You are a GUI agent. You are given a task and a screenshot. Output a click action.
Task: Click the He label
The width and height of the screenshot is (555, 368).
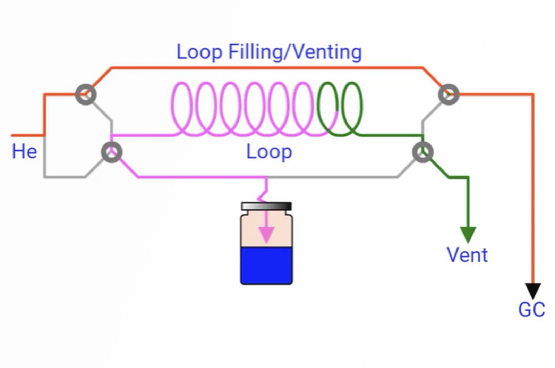coord(24,152)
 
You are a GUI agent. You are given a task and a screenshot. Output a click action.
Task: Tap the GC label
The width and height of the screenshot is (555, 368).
coord(531,310)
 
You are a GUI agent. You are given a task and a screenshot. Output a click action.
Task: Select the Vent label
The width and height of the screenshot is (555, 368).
coord(467,255)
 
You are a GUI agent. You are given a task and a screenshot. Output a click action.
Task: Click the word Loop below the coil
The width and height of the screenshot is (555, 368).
coord(269,152)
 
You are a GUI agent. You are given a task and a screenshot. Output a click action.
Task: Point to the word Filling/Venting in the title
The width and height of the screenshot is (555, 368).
coord(295,52)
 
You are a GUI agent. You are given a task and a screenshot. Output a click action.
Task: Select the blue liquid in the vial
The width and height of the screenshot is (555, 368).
coord(266,266)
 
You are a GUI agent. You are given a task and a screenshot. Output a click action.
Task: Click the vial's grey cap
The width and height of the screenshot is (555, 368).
coord(266,206)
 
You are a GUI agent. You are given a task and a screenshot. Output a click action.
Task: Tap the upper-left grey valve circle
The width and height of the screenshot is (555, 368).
coord(86,94)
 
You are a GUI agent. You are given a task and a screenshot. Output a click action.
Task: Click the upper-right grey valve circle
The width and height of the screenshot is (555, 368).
coord(449,94)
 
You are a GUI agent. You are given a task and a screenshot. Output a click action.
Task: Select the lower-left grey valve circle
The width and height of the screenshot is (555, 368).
coord(112,152)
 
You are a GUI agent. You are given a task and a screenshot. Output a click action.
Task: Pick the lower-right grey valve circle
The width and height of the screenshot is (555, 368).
coord(422,152)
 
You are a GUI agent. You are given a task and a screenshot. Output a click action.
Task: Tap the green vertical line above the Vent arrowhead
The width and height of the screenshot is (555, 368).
coord(468,201)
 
